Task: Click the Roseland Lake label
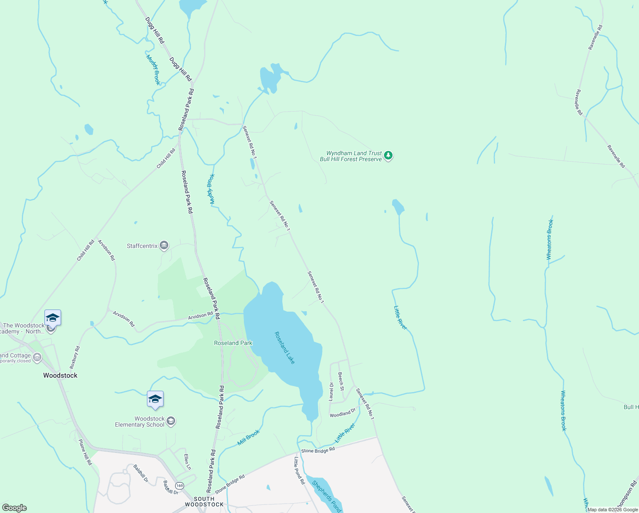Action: tap(284, 348)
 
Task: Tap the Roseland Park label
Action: tap(233, 343)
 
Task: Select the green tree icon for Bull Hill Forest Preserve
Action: tap(388, 156)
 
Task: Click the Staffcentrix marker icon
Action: tap(164, 245)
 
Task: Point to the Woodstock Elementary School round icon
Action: tap(171, 422)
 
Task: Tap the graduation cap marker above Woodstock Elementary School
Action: tap(155, 399)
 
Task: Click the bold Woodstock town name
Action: tap(60, 375)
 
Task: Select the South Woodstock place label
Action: tap(204, 501)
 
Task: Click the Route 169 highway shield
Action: tap(179, 486)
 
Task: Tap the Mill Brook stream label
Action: tap(249, 437)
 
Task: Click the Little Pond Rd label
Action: tap(299, 470)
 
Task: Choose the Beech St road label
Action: tap(341, 381)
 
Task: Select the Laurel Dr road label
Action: tap(331, 391)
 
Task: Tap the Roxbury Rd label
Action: tap(75, 357)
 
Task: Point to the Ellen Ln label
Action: tap(187, 462)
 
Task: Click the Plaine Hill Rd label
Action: tap(85, 452)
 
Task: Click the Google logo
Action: tap(14, 508)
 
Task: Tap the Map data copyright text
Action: tap(612, 510)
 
